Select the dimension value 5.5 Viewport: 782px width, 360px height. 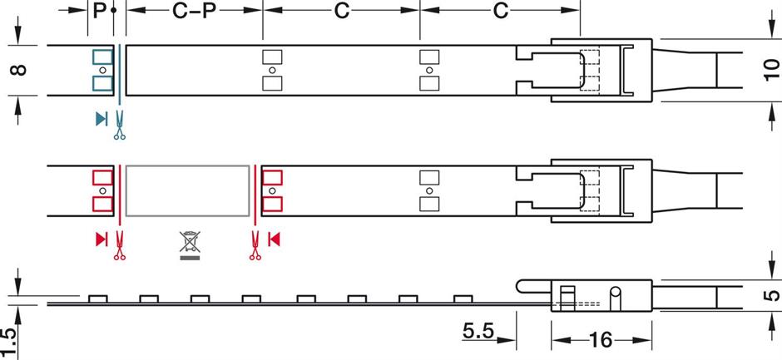[x=478, y=332]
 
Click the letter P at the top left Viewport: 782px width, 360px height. [x=99, y=11]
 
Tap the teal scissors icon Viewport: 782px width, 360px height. [x=119, y=126]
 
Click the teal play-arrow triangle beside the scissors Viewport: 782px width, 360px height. [x=101, y=119]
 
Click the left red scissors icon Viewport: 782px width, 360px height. [x=119, y=246]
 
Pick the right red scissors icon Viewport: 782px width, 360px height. [x=255, y=246]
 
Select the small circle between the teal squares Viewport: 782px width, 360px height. [x=101, y=71]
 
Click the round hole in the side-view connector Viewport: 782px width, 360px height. [x=616, y=293]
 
